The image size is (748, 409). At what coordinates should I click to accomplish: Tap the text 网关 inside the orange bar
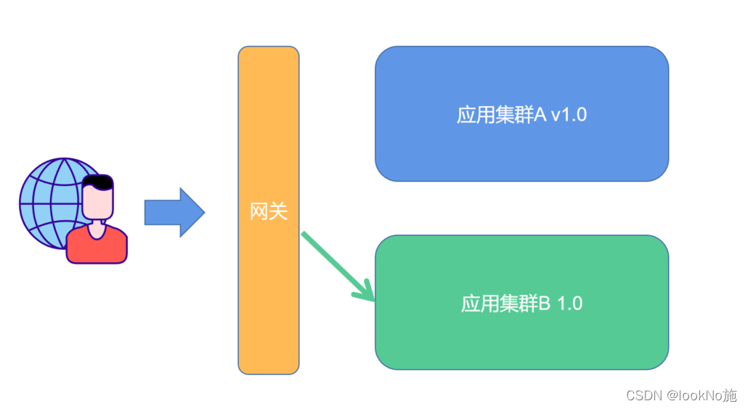(x=269, y=211)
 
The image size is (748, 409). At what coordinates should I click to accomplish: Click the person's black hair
(x=97, y=181)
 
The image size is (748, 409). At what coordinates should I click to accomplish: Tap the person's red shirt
(x=97, y=246)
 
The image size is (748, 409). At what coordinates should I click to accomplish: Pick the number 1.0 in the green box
(x=570, y=303)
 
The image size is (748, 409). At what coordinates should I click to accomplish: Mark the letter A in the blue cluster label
(x=540, y=115)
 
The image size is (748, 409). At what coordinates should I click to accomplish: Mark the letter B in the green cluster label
(x=544, y=303)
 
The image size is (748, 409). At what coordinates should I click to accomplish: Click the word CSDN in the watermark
(x=641, y=395)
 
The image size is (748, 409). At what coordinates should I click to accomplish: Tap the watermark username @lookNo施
(x=701, y=395)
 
